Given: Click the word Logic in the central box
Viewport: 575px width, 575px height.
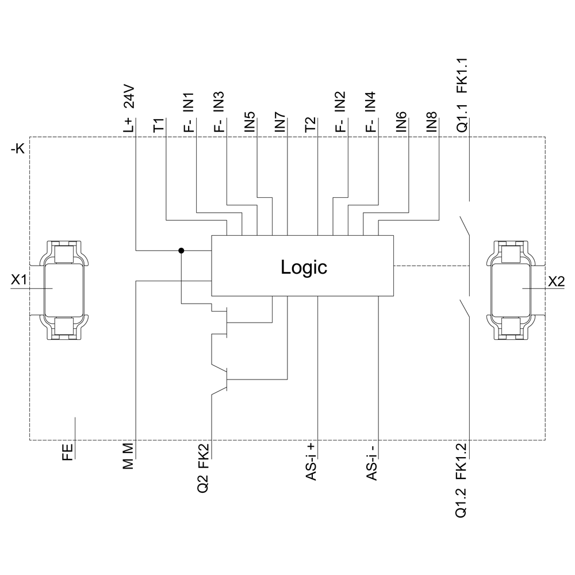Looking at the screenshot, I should point(304,267).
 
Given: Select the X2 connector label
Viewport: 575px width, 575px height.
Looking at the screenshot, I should point(556,281).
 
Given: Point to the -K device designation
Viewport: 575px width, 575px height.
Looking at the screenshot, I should point(18,151).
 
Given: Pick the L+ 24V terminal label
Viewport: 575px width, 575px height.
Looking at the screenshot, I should point(128,109).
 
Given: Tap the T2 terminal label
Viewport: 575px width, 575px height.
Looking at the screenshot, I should point(310,125).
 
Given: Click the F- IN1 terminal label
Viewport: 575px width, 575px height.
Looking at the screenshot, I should point(189,112).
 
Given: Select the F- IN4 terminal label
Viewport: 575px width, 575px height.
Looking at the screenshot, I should point(371,112).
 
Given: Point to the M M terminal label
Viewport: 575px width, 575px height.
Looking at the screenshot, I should point(128,456).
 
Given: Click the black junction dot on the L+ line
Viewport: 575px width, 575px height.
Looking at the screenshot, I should point(182,250).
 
